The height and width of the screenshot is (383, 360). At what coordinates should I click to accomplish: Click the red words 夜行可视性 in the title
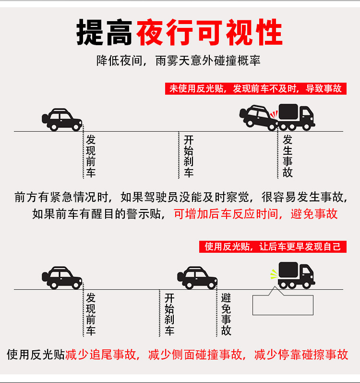(x=209, y=32)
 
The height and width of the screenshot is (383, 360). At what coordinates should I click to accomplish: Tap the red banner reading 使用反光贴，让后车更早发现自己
(x=272, y=247)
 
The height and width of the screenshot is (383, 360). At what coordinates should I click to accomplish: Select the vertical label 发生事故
(x=288, y=156)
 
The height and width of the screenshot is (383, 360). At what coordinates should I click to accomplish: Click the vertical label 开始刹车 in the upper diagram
(x=189, y=156)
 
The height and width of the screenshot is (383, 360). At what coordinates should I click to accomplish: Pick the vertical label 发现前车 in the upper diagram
(x=91, y=156)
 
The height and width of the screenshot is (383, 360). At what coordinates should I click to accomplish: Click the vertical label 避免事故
(x=226, y=314)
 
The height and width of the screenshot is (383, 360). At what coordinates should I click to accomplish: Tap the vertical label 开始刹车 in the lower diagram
(x=169, y=314)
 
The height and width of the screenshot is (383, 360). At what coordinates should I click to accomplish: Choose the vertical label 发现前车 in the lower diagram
(x=91, y=314)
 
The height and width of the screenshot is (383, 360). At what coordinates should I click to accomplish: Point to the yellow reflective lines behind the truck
(x=273, y=274)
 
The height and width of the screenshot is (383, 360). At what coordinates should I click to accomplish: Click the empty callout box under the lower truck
(x=283, y=305)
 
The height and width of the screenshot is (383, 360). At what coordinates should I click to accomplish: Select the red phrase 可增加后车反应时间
(x=225, y=214)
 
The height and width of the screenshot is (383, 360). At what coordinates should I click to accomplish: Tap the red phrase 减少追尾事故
(x=101, y=355)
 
